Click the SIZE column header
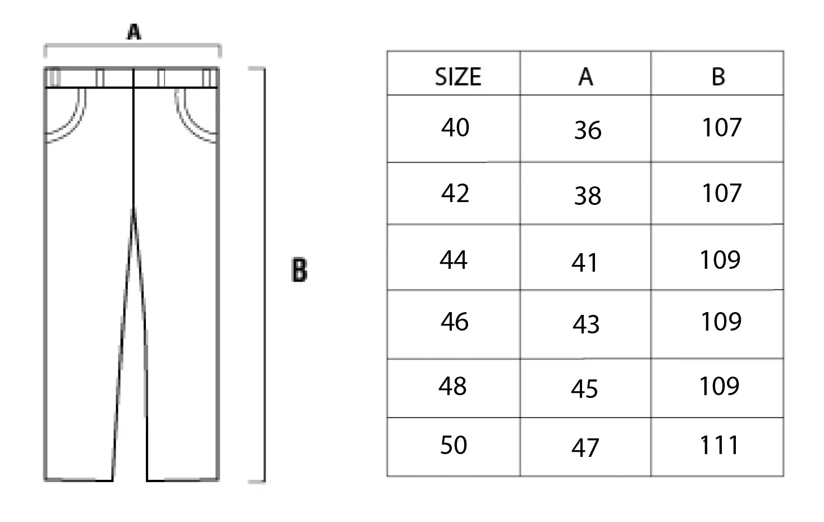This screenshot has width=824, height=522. [x=458, y=77]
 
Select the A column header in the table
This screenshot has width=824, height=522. [x=585, y=77]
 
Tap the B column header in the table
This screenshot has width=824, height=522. [x=718, y=77]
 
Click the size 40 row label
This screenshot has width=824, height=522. [x=455, y=127]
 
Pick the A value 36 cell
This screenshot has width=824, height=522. [x=588, y=130]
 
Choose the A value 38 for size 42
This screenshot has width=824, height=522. [x=588, y=195]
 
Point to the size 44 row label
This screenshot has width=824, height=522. [x=454, y=260]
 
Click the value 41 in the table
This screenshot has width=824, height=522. [x=585, y=263]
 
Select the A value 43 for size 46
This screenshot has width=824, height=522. [x=586, y=324]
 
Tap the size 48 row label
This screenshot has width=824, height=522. [x=452, y=386]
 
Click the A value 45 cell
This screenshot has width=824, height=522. [x=584, y=389]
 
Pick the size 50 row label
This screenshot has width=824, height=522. [x=454, y=445]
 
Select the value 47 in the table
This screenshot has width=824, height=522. [x=585, y=448]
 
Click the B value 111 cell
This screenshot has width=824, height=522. [x=720, y=445]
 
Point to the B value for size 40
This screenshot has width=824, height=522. [x=722, y=127]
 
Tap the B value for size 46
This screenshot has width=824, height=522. [x=721, y=321]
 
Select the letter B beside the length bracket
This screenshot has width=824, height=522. [x=299, y=269]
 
